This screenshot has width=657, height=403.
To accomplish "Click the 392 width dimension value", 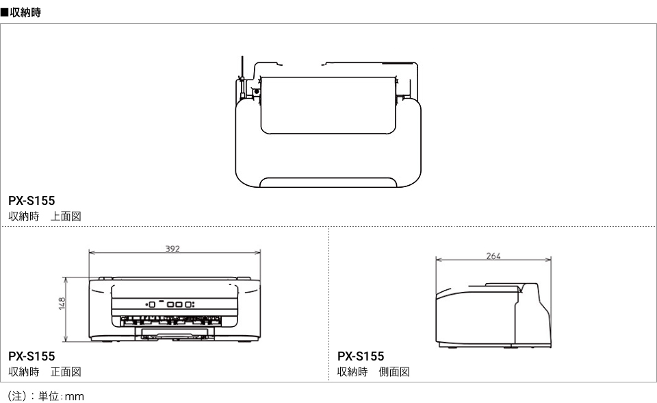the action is (172, 249).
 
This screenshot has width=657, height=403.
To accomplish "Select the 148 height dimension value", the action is (62, 304).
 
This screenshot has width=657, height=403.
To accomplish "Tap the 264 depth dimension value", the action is (493, 256).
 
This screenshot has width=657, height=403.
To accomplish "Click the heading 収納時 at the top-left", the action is (25, 12).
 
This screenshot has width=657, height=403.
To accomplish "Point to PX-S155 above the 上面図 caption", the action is (31, 201).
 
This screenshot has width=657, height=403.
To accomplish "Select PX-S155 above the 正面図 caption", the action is (31, 356).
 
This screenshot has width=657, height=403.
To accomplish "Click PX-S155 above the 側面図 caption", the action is (361, 356).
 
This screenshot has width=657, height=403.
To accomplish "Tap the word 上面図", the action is (66, 216).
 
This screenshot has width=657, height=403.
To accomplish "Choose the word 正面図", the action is (66, 372).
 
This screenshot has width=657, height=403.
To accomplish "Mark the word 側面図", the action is (394, 372).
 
